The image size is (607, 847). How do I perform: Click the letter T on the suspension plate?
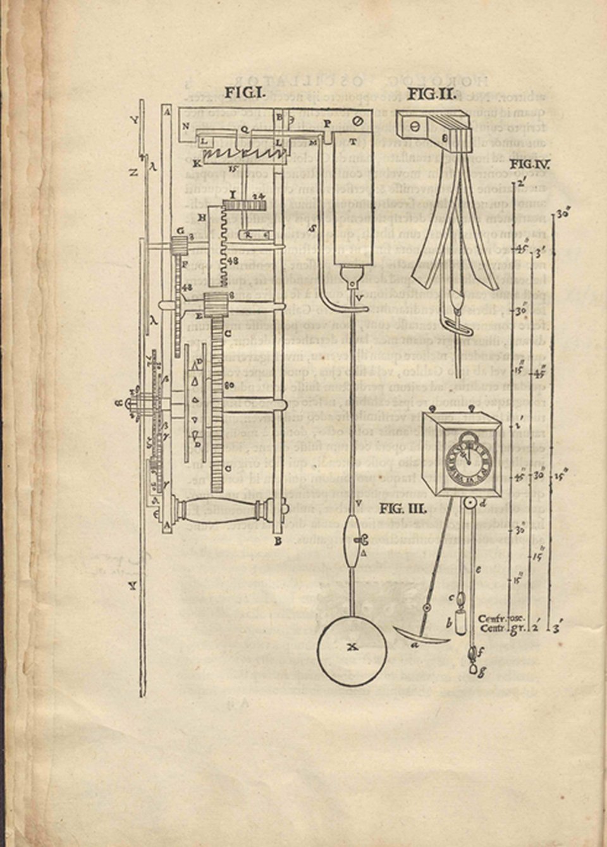(x=352, y=140)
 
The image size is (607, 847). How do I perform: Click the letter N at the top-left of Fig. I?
(x=185, y=126)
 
